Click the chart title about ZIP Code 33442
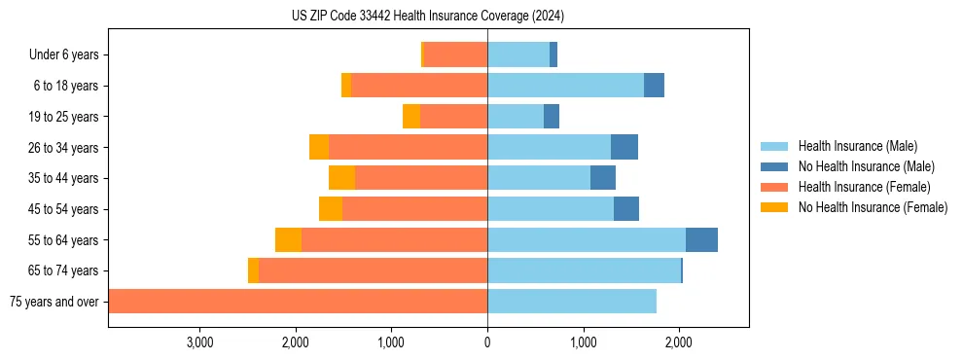(x=427, y=17)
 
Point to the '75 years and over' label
(x=53, y=302)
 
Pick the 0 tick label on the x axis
(x=487, y=342)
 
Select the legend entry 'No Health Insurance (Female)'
(x=873, y=207)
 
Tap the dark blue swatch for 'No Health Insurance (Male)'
(x=774, y=166)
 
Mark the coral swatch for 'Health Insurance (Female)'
(x=774, y=187)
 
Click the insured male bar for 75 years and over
(x=572, y=302)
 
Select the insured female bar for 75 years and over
(x=298, y=302)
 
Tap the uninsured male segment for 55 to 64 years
(x=701, y=239)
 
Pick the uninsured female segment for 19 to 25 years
(x=411, y=117)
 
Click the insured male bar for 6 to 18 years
(x=565, y=86)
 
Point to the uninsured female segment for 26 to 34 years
(x=319, y=147)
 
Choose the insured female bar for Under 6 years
(x=455, y=54)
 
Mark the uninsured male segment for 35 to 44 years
(x=603, y=178)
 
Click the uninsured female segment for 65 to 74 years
(x=253, y=270)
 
